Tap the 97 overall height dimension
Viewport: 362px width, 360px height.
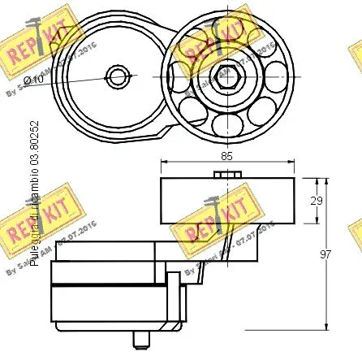pyautogui.click(x=325, y=254)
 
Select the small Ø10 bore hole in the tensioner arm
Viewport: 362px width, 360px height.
pyautogui.click(x=119, y=78)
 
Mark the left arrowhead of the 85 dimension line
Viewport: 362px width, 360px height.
pyautogui.click(x=165, y=160)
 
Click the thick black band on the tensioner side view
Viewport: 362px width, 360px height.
pyautogui.click(x=106, y=285)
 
